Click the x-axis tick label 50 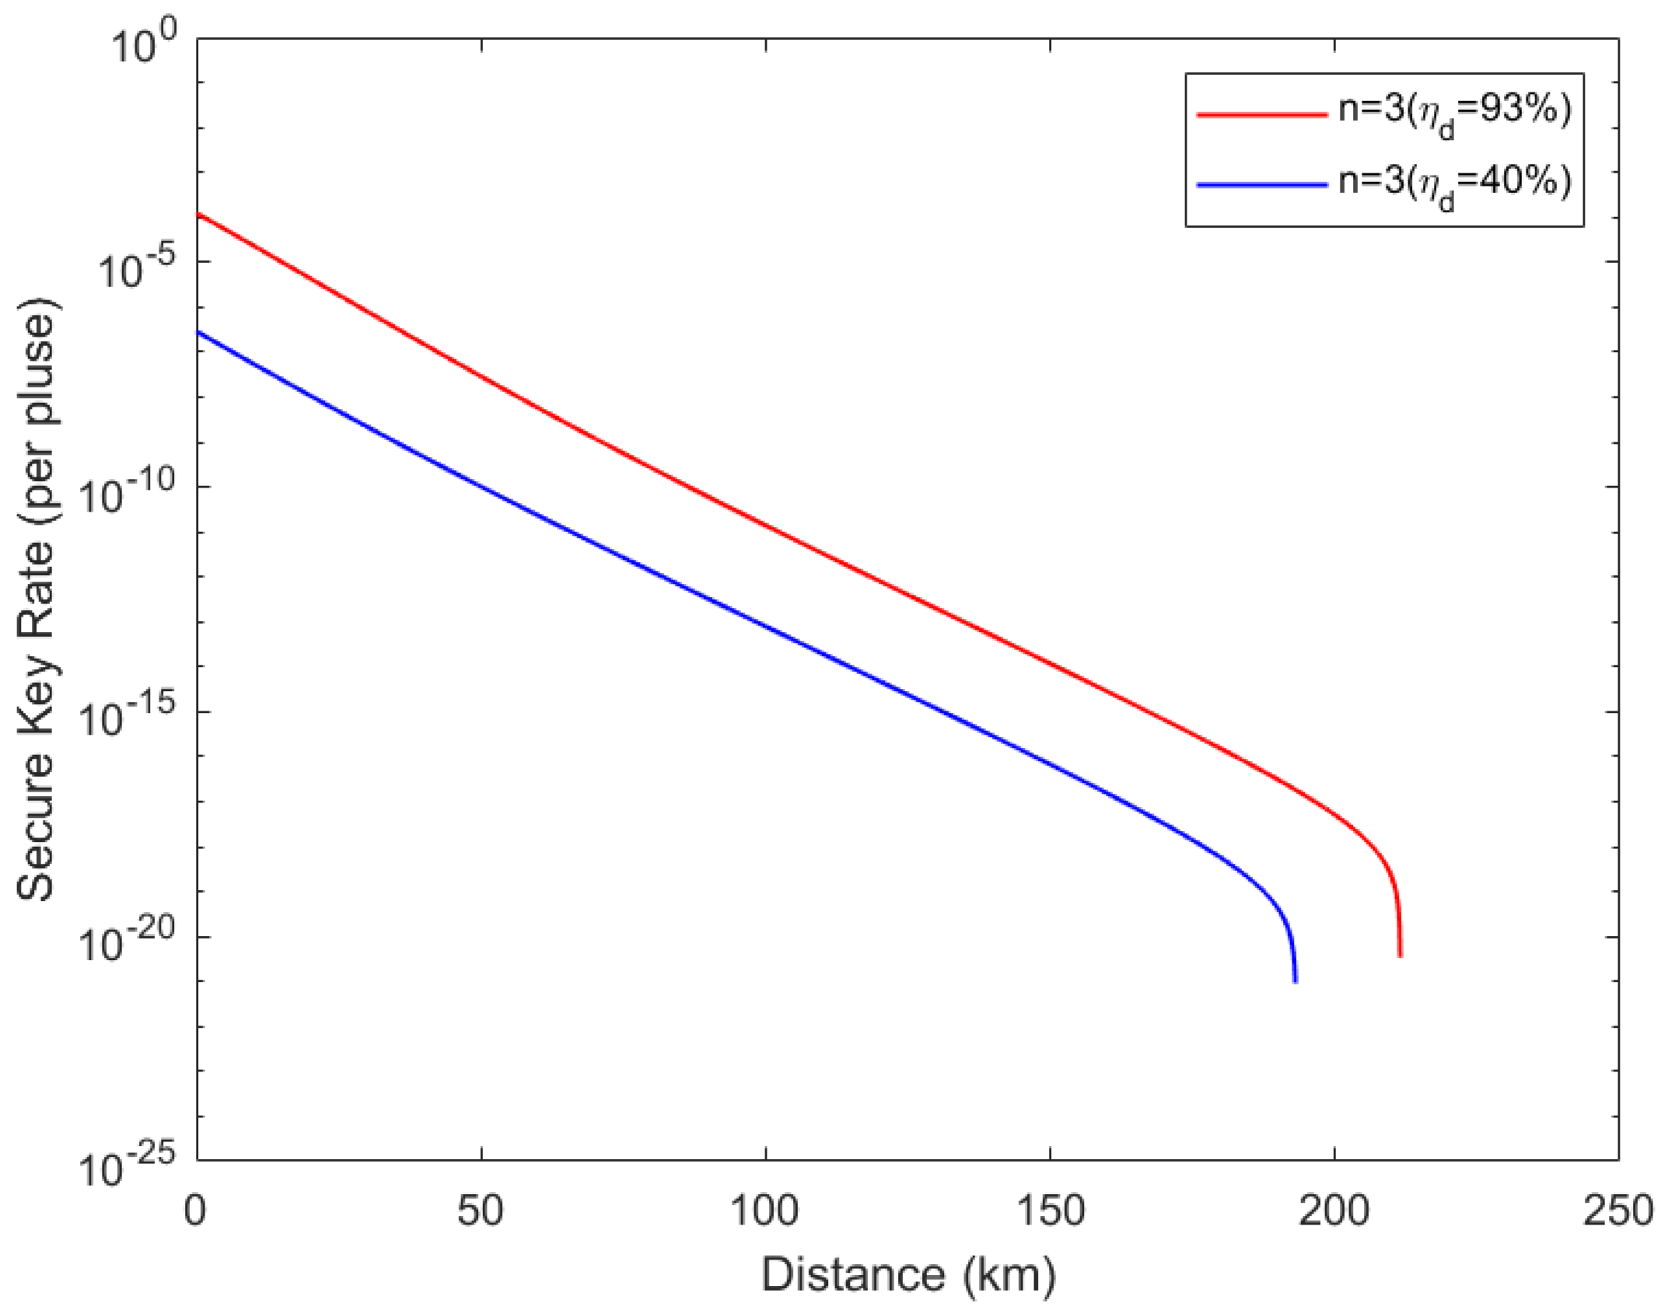[481, 1211]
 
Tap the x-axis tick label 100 [766, 1211]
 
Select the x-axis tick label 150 [1050, 1211]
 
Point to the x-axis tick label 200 [1334, 1211]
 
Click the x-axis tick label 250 [1617, 1211]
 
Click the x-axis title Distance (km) [907, 1275]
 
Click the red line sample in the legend [1261, 114]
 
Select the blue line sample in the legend [1261, 184]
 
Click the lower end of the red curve [1400, 956]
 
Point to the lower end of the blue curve [1295, 981]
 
